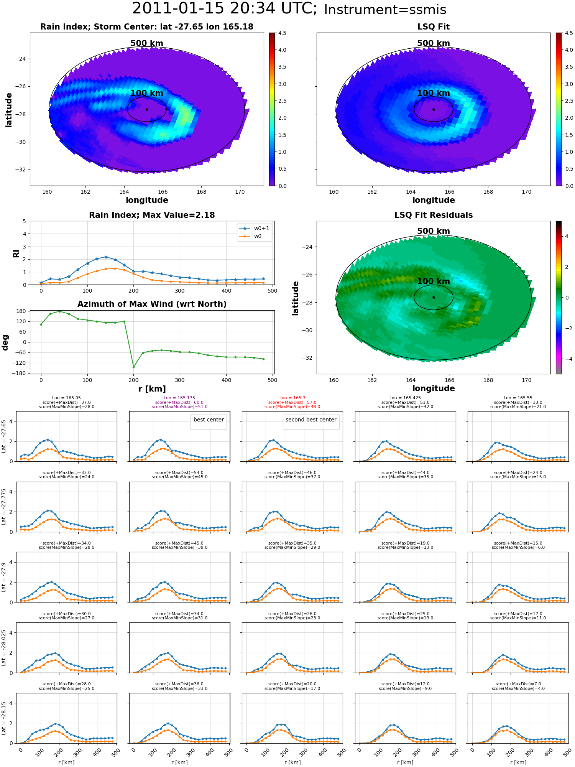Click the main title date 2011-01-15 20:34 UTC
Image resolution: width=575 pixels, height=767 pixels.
tap(225, 8)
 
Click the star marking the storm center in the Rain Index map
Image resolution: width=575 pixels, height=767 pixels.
tap(147, 109)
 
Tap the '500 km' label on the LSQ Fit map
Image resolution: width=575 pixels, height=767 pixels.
tap(434, 43)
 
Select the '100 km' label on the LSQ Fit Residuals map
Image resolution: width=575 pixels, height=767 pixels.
tap(434, 281)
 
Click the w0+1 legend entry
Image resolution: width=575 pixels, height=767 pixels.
tap(254, 228)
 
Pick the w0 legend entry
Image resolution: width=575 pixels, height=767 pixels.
tap(250, 236)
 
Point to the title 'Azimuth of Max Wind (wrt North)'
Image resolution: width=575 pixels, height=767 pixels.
tap(152, 304)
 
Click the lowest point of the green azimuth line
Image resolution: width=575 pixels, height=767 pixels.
tap(133, 367)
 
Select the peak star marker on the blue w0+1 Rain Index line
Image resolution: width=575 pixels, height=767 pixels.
tap(106, 257)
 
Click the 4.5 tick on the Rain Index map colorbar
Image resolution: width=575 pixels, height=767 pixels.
tap(282, 33)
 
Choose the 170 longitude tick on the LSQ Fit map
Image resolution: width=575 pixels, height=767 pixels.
tap(527, 192)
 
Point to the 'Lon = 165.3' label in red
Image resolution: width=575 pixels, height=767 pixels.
tap(292, 398)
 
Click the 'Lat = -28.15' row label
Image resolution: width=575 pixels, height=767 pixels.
tap(4, 718)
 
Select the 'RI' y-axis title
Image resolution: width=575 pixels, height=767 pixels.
tap(16, 253)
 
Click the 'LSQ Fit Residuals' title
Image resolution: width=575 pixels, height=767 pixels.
tap(434, 215)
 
